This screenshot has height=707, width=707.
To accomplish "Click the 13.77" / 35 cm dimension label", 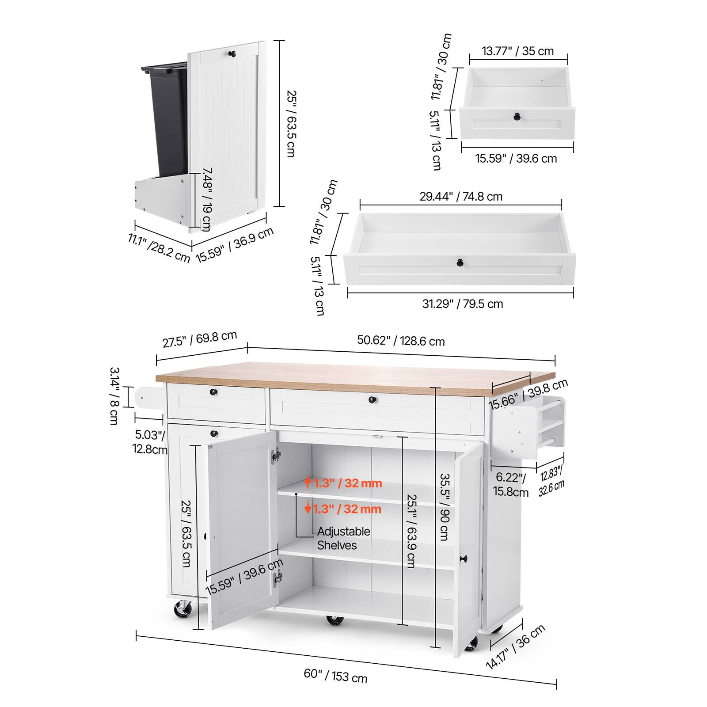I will (x=517, y=51).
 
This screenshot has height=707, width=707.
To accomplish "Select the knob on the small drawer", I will (x=517, y=117).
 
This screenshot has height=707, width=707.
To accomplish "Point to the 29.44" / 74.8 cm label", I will (x=460, y=196).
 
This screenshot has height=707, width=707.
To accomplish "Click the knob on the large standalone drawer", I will (x=460, y=262).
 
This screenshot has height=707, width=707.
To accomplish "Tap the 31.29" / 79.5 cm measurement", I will (x=462, y=304).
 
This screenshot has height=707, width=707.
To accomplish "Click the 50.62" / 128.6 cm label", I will (x=400, y=341).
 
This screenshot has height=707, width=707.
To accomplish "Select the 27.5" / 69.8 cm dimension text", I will (x=200, y=339).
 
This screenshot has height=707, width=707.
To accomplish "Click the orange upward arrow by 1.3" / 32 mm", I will (x=308, y=483).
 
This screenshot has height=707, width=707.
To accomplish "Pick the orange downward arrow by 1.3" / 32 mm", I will (x=308, y=509).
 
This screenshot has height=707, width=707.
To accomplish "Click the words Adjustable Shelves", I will (x=343, y=538).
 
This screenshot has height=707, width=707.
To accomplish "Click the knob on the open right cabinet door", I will (x=464, y=559).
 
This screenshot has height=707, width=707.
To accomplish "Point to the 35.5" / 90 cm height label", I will (x=445, y=507).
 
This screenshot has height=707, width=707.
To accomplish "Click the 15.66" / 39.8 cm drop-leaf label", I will (x=528, y=394).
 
